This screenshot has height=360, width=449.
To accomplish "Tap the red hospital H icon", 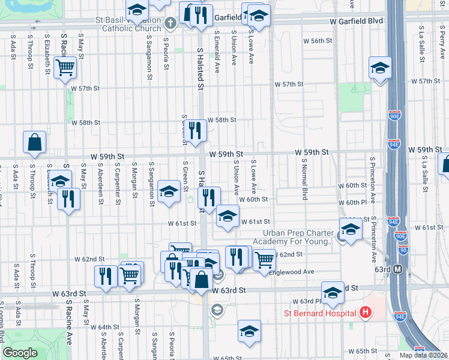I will point(365,313).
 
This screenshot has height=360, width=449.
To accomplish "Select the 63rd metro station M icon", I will point(397,269).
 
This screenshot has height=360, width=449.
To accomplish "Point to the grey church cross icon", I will point(170,23).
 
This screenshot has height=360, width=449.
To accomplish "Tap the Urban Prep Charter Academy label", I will point(297,237).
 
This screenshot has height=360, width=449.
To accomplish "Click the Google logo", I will point(20,353).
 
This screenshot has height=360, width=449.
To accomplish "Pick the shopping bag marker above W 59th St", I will point(35,142).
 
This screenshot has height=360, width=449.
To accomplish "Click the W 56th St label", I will point(318,41).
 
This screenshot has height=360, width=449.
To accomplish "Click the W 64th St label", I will point(105,327).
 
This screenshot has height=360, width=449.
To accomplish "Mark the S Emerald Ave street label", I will point(216,49).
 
